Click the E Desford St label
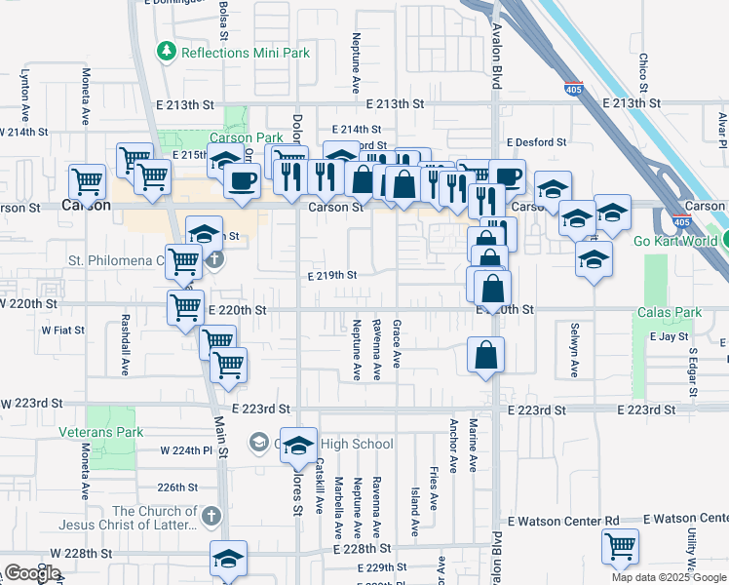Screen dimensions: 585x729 click(535, 142)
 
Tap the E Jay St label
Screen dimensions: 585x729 click(669, 336)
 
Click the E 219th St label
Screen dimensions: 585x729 click(331, 276)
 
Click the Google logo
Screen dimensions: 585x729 click(32, 573)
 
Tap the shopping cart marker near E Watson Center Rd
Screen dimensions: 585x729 click(619, 546)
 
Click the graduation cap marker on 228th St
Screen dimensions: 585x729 click(229, 559)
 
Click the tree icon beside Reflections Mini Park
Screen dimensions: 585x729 click(166, 52)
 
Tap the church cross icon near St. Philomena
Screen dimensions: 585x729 click(214, 260)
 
